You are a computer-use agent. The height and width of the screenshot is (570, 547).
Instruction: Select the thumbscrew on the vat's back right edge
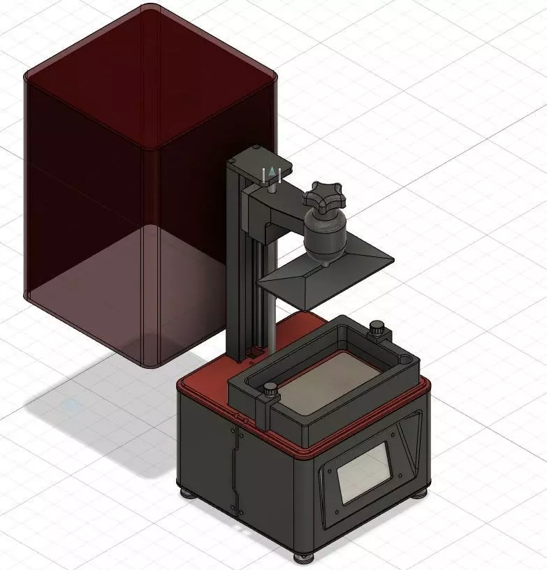coord(378,327)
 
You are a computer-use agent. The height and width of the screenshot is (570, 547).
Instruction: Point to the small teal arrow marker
coord(271,170)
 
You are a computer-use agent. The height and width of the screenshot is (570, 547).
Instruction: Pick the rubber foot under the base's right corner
coord(419,492)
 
